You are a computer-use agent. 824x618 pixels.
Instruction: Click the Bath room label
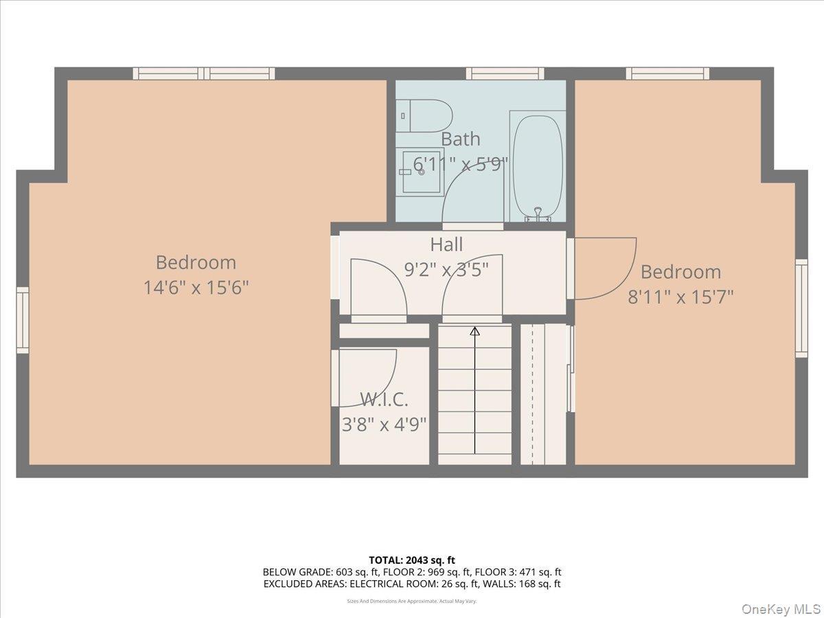coord(460,139)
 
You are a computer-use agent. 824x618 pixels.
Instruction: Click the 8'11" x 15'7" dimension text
coord(680,297)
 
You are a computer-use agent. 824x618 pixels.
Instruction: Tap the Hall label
coord(446,244)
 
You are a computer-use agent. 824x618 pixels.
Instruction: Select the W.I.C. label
coord(384,400)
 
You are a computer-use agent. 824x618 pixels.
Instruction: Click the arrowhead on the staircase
coord(474,332)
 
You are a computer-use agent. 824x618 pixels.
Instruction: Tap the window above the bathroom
coord(505,73)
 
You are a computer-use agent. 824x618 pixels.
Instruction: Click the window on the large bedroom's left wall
coord(23,320)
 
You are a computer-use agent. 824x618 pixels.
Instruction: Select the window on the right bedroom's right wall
coord(801,308)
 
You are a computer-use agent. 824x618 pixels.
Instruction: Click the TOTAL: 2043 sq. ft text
coord(411,560)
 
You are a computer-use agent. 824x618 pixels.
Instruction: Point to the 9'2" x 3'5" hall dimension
coord(446,270)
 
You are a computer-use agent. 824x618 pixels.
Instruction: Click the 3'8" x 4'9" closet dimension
coord(384,424)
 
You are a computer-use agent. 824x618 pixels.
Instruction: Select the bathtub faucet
coord(538,214)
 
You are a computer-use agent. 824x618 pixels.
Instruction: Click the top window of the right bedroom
coord(667,73)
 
